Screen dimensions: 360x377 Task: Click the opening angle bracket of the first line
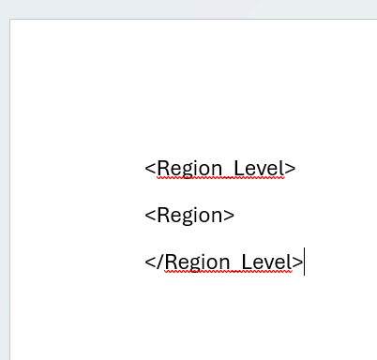point(150,169)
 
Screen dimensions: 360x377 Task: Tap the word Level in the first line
point(258,169)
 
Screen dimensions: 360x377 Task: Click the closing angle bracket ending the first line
point(291,169)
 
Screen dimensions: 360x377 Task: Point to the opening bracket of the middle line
point(150,216)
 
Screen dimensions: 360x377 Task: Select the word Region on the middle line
point(190,216)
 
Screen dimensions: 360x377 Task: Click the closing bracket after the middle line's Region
point(230,216)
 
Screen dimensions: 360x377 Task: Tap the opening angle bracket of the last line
point(150,262)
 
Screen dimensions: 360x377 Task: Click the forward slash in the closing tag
point(160,262)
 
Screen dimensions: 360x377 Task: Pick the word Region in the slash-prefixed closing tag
point(198,262)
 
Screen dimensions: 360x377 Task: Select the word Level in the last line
point(266,262)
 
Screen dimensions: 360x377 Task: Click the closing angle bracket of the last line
point(298,262)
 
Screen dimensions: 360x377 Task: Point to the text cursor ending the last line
point(305,262)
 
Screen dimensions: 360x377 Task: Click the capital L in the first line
point(238,168)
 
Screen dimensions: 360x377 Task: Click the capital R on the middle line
point(163,216)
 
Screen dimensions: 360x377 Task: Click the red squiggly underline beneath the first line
point(220,178)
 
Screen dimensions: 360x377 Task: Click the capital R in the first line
point(163,169)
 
